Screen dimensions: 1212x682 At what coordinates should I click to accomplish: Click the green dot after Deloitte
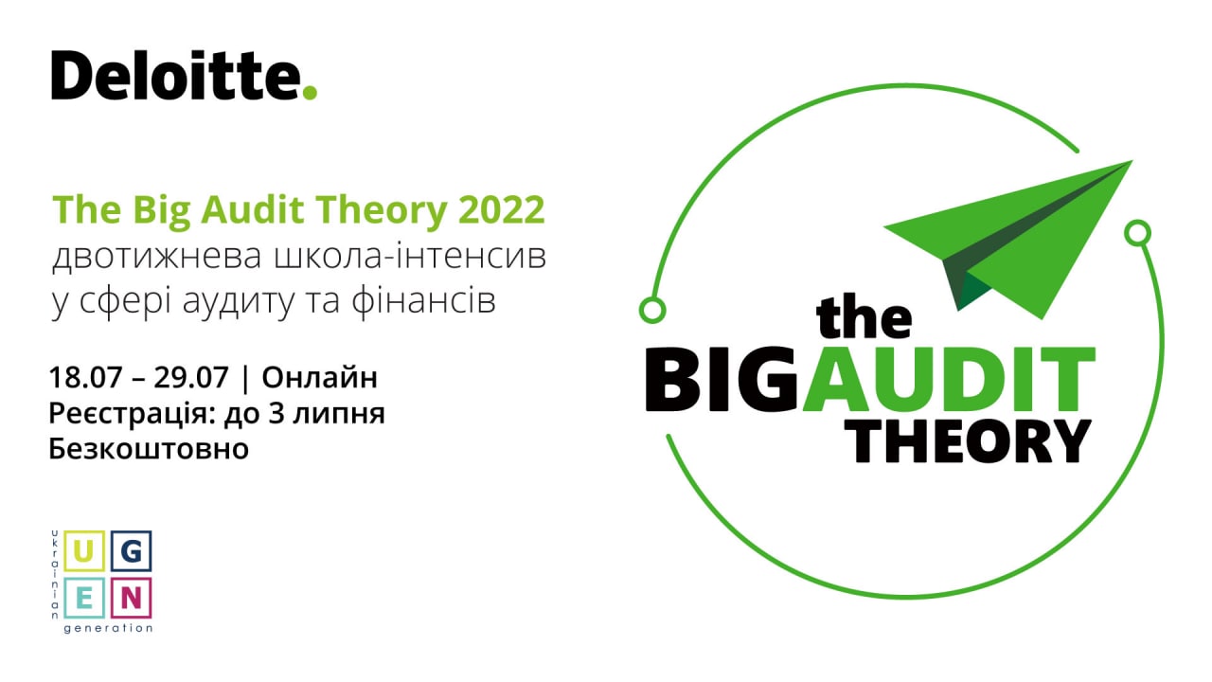coord(310,93)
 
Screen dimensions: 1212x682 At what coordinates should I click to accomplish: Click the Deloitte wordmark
coord(184,75)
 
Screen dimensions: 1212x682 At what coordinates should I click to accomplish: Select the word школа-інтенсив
coord(410,256)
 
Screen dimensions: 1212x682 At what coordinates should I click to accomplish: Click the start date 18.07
coord(85,377)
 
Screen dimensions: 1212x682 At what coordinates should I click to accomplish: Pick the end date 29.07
coord(191,377)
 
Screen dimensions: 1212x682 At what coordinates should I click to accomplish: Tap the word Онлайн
coord(320,377)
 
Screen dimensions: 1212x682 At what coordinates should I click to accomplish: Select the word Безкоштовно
coord(149,449)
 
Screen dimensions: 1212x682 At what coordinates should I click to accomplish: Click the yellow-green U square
coord(84,551)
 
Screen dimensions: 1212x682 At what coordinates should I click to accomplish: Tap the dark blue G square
coord(131,551)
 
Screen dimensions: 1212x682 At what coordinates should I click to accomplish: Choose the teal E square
coord(84,598)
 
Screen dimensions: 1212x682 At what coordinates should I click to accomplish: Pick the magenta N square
coord(131,598)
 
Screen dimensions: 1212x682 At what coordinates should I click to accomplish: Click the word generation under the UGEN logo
coord(108,628)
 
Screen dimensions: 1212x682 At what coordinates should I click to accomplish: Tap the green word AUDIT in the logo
coord(949,380)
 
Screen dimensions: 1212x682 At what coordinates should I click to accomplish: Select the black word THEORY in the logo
coord(971,441)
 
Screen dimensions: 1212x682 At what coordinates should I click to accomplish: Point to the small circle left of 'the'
coord(652,310)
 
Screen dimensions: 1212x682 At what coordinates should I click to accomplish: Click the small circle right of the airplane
coord(1137,233)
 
